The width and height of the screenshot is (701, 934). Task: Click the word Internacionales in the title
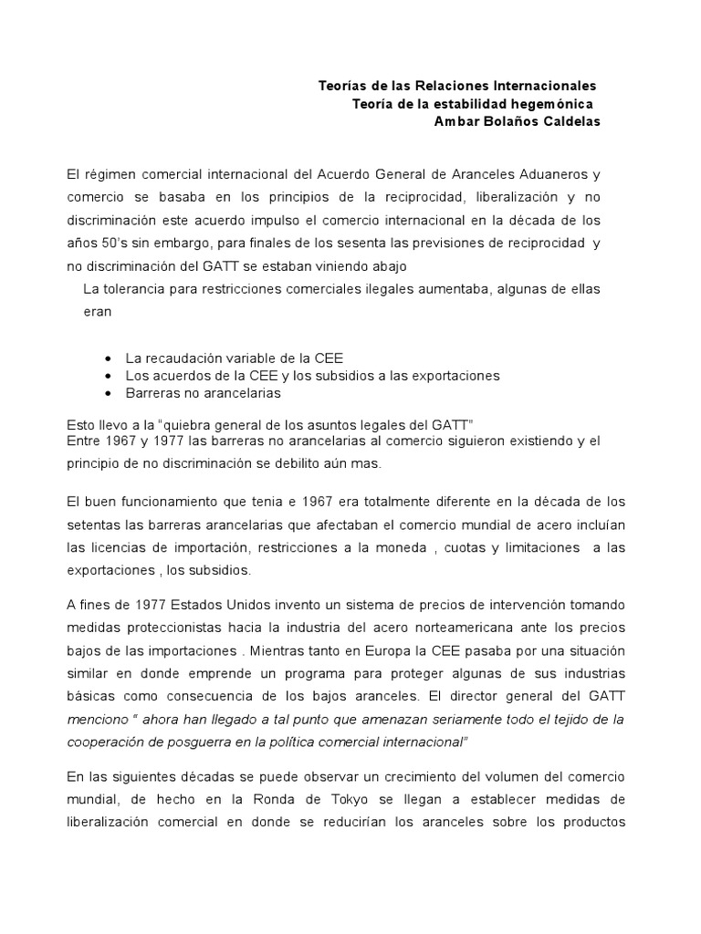tap(544, 86)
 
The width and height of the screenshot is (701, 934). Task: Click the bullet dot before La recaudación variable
tap(110, 358)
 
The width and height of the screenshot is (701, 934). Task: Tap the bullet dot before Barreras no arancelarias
tap(110, 393)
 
